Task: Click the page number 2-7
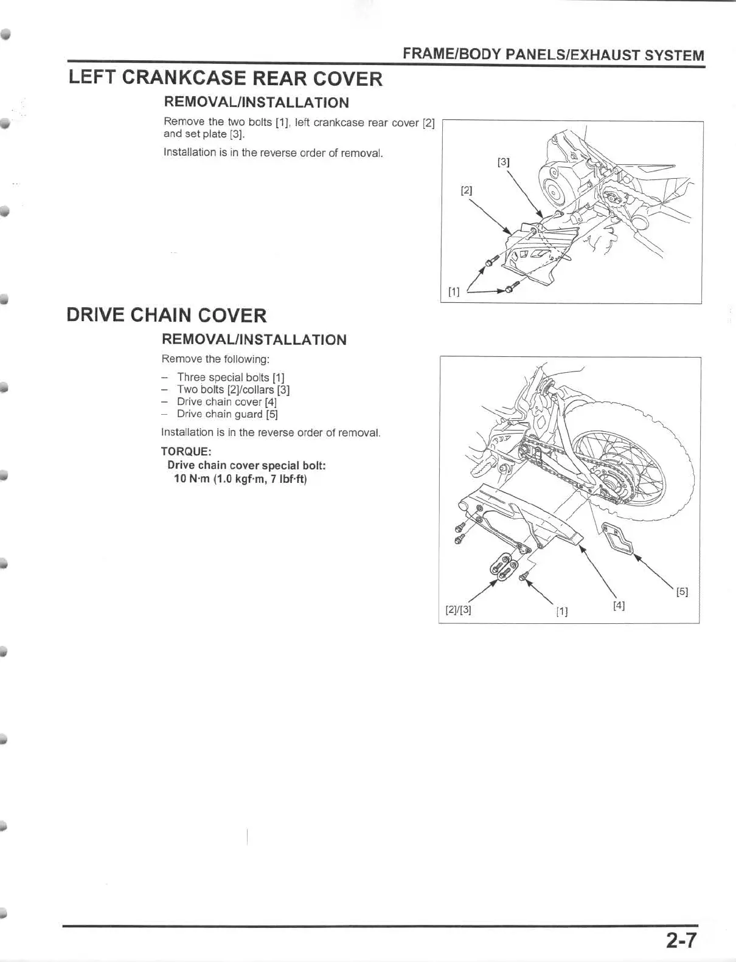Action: pos(679,941)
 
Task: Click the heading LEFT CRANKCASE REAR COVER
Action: pos(225,78)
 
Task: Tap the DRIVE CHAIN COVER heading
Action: pos(166,316)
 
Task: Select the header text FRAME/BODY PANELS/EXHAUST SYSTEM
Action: pos(553,55)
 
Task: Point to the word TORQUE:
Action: pos(186,451)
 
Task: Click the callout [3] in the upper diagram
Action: pos(503,162)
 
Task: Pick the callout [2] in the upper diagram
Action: pos(466,190)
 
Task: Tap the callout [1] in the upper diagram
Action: pos(453,292)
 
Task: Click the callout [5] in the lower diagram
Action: pos(682,591)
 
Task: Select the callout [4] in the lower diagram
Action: pos(619,605)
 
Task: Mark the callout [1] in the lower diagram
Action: pos(561,611)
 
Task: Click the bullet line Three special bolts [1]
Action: pos(230,378)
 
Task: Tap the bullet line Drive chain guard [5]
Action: pos(227,414)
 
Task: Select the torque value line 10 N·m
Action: pos(240,479)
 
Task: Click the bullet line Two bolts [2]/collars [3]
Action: pos(233,390)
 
